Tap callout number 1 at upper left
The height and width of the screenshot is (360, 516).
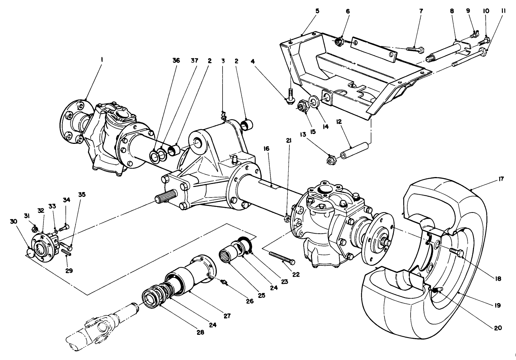point(102,58)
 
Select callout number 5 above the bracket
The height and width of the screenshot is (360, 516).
point(317,11)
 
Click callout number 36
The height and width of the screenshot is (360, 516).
point(176,61)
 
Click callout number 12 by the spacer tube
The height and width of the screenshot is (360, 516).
point(339,121)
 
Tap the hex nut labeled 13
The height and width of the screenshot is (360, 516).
point(331,160)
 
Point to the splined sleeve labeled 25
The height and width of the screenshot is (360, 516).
point(228,255)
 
